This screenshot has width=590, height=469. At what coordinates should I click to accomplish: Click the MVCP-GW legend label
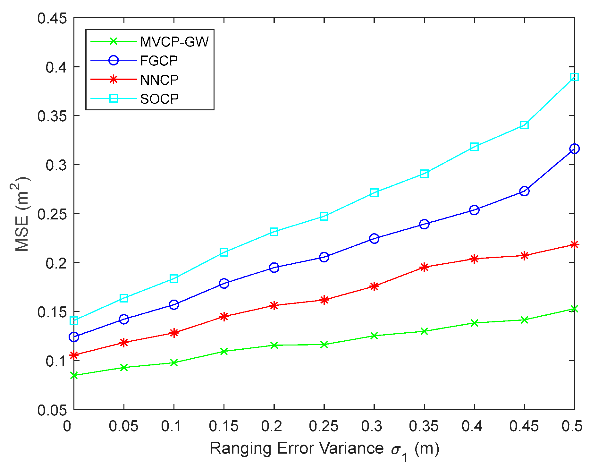pos(174,42)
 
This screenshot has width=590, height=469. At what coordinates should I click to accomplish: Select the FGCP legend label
pos(159,61)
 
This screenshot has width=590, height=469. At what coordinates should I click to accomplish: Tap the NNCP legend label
pos(159,80)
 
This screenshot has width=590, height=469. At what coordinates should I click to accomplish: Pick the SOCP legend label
pos(159,99)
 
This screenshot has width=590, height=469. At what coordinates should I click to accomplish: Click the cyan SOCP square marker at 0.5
pos(574,77)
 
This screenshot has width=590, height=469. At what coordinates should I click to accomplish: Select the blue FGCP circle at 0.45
pos(524,191)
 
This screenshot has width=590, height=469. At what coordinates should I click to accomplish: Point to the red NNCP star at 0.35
pos(424,267)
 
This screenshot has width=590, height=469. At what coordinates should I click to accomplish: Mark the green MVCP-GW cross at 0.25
pos(324,345)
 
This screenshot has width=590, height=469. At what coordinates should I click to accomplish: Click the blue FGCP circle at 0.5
pos(574,149)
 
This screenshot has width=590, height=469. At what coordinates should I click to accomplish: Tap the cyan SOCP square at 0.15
pos(224,252)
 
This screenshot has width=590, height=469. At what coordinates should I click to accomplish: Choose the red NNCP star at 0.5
pos(574,245)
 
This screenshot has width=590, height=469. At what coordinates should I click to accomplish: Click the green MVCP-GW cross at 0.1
pos(174,362)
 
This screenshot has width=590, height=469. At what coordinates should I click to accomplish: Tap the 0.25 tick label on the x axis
pos(324,426)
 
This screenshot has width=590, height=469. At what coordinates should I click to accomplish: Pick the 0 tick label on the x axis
pos(67,426)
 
